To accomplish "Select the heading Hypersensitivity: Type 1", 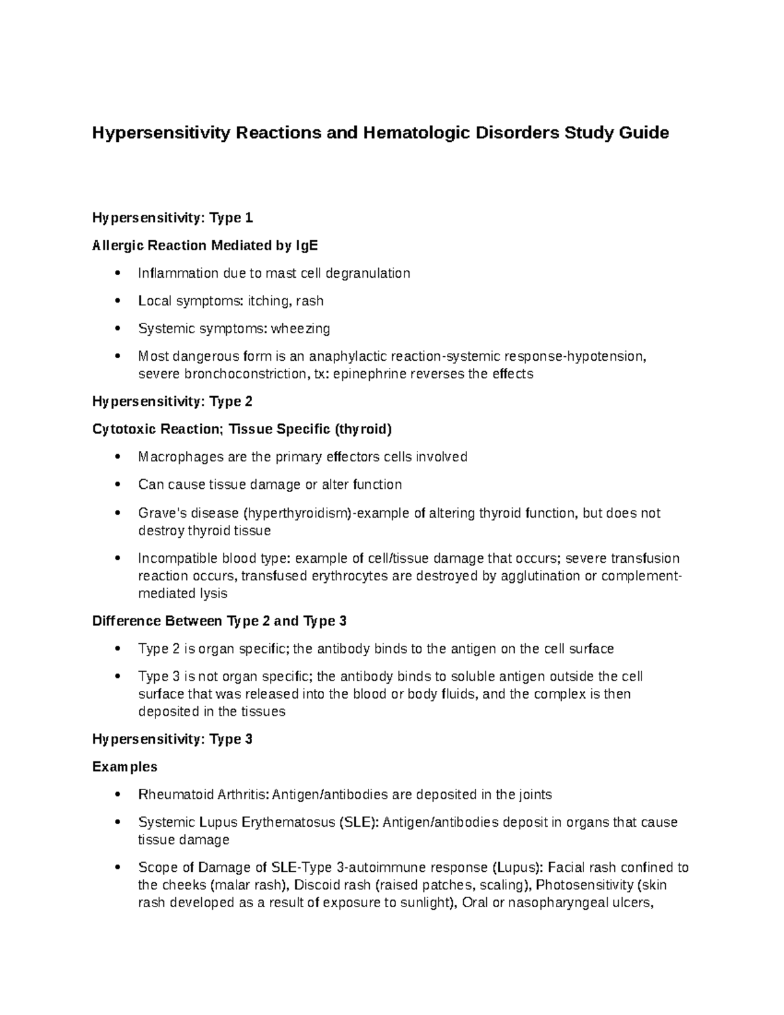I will click(172, 218).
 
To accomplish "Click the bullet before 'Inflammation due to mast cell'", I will click(117, 273).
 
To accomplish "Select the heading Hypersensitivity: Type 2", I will click(172, 401).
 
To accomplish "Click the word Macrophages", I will click(180, 457).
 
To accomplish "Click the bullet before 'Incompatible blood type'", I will click(117, 558).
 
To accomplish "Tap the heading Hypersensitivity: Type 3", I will click(172, 739).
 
